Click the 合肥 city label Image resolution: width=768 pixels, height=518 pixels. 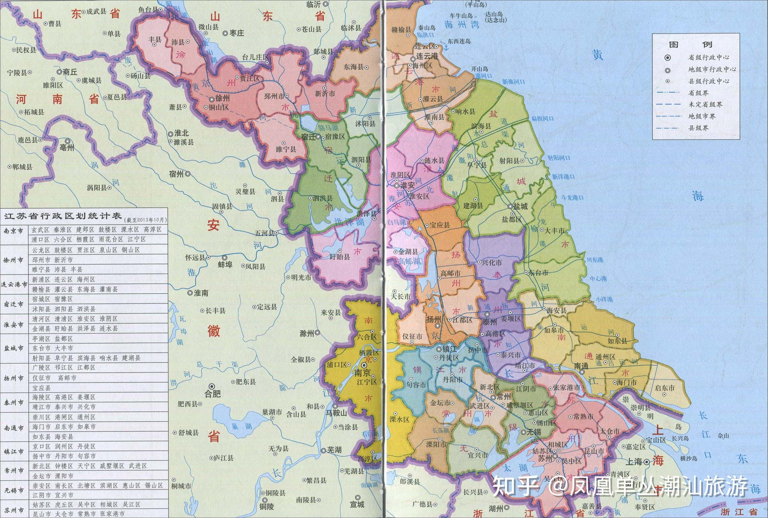[x=213, y=393]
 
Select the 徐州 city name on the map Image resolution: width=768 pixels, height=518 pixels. [x=222, y=98]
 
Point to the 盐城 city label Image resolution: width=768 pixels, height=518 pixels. [x=520, y=207]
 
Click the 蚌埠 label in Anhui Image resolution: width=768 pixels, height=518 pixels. [x=225, y=264]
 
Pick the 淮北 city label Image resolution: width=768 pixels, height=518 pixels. [x=181, y=133]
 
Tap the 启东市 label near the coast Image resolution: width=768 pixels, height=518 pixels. [x=665, y=388]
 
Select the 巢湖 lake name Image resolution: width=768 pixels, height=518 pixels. [x=241, y=426]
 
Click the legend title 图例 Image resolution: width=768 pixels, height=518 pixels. [x=695, y=44]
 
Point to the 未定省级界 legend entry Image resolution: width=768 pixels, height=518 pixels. [x=705, y=104]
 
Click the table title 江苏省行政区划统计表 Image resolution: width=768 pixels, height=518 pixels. [x=63, y=216]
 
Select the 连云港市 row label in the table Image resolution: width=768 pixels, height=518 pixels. [x=14, y=284]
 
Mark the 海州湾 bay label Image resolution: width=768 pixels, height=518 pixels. [x=462, y=24]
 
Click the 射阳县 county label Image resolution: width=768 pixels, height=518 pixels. [x=509, y=161]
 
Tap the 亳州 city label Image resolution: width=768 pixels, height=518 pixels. [x=67, y=147]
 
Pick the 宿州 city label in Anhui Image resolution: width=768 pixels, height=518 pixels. [x=176, y=174]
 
